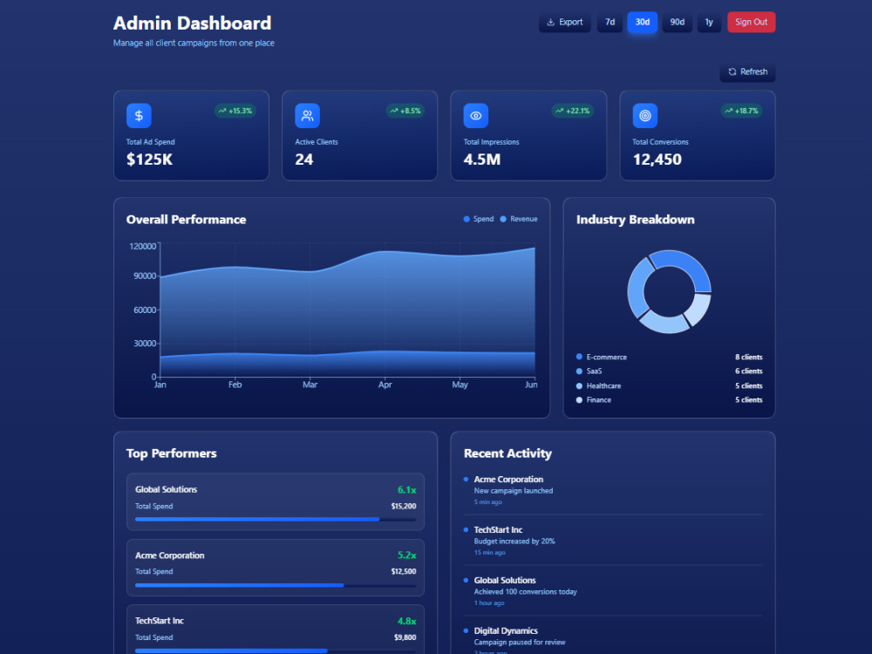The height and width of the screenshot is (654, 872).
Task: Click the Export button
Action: coord(564,23)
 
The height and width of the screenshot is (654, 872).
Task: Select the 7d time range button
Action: coord(610,23)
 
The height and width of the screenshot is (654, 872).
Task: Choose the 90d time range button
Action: coord(677,23)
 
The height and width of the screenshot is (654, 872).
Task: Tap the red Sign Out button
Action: coord(751,23)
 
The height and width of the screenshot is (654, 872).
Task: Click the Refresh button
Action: coord(747,72)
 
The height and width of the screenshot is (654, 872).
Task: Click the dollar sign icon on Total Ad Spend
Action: coord(139,116)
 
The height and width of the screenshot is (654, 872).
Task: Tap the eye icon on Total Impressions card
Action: coord(476,116)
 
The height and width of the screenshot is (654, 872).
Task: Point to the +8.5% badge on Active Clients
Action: coord(405,111)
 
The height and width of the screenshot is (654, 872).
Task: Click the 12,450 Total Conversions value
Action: coord(657,160)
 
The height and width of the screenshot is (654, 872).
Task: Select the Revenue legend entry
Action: coord(519,219)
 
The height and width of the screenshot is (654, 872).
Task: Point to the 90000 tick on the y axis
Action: coord(145,276)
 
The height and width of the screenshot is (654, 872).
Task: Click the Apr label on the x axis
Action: coord(385,385)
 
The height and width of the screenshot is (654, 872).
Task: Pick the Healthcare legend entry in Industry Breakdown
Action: coord(598,386)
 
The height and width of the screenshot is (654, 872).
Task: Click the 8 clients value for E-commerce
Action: coord(748,357)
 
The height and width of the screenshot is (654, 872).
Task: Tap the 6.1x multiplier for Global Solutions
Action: coord(406,490)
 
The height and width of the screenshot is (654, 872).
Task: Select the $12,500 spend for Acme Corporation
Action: coord(403,572)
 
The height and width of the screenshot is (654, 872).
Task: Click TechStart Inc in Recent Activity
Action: coord(498,530)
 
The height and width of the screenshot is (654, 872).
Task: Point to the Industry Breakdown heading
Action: coord(635,220)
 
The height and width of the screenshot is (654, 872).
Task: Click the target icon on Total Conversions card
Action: coord(645,116)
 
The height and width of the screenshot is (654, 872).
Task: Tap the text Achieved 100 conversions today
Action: coord(525,592)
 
